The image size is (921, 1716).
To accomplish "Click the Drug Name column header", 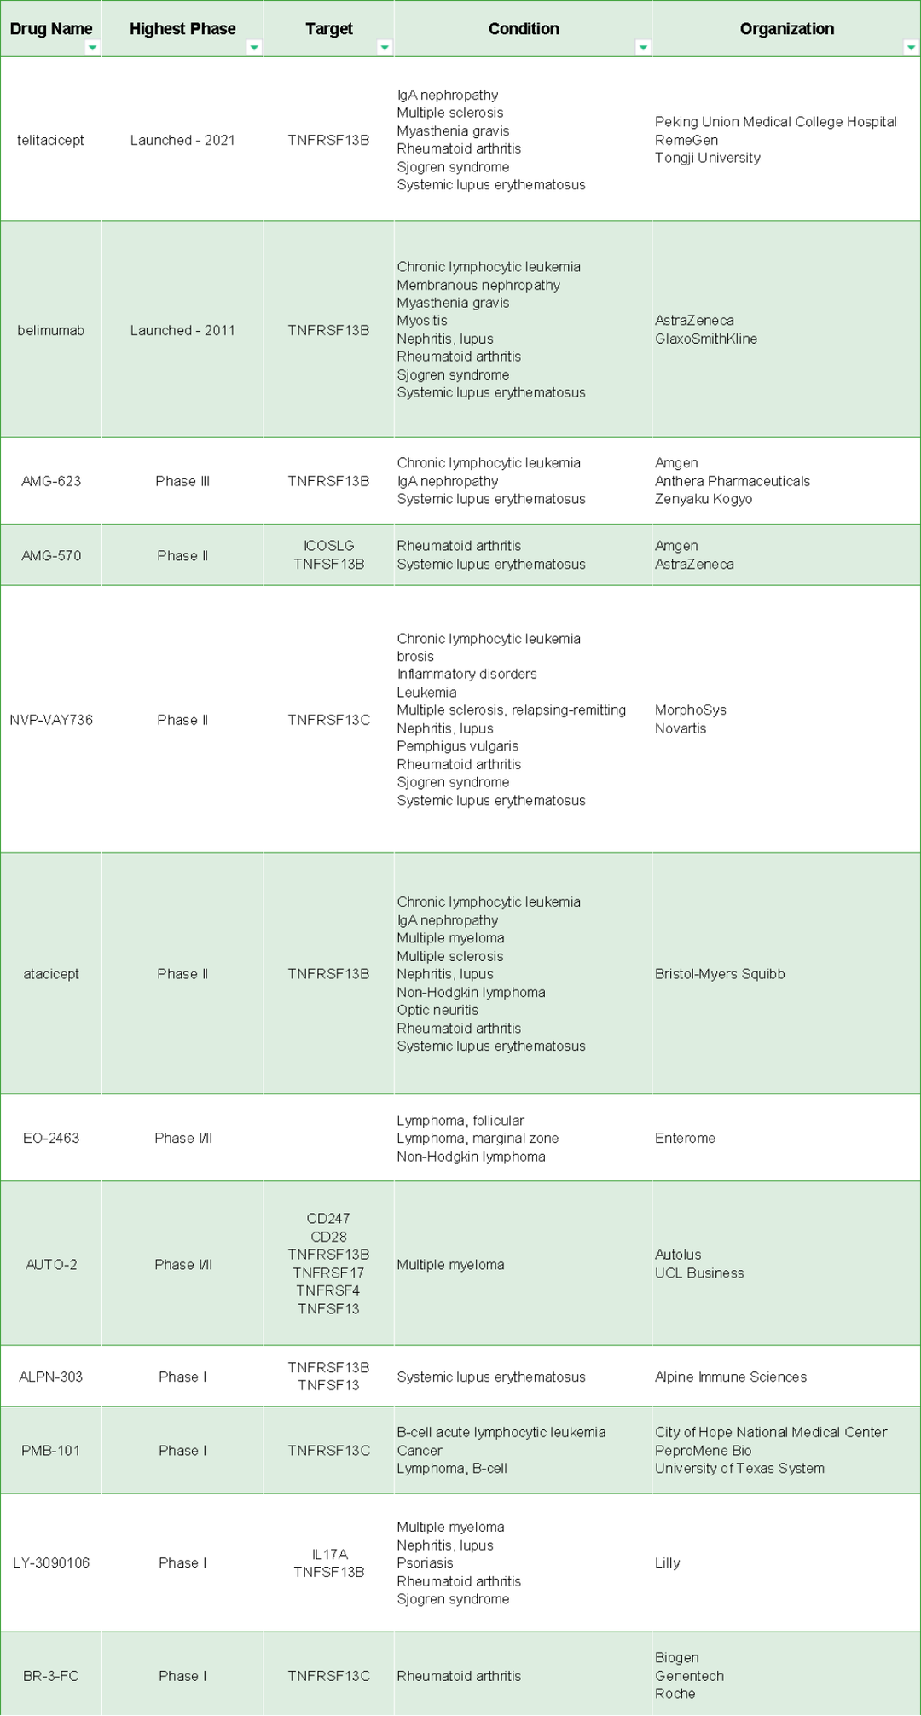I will (50, 29).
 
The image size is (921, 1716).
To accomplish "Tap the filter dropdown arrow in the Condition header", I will (643, 48).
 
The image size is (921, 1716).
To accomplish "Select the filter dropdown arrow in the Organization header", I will (910, 48).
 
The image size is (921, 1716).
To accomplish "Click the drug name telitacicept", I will (50, 140).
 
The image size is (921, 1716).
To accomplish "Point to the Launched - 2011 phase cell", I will (182, 330).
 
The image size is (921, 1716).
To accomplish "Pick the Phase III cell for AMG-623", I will (182, 481).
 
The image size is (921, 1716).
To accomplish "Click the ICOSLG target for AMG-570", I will (328, 546).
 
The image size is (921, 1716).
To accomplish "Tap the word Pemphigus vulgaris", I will (457, 746).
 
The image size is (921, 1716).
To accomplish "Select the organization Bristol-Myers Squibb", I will (719, 974).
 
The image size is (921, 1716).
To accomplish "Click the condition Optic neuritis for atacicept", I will (437, 1010).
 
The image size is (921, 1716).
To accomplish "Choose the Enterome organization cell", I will (685, 1138).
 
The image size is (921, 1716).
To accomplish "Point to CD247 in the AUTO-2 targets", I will (328, 1219).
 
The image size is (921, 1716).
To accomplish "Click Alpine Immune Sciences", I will (730, 1377).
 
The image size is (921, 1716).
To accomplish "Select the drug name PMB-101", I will (50, 1451).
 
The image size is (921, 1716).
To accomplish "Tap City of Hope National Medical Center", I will (770, 1432).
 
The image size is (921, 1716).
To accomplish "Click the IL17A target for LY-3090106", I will (329, 1554).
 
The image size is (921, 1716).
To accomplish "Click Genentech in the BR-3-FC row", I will (689, 1675).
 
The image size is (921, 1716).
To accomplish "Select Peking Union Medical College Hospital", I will (775, 122).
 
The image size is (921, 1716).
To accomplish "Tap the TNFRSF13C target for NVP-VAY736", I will (328, 720).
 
